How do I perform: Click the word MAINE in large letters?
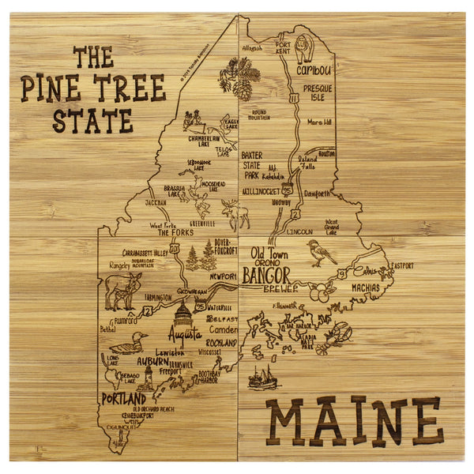click(354, 421)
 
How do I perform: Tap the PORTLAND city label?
click(124, 398)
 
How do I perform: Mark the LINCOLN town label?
click(300, 232)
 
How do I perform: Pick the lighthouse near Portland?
click(147, 378)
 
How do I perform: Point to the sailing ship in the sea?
click(262, 377)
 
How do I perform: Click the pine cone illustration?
click(243, 88)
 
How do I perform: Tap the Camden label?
click(224, 329)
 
